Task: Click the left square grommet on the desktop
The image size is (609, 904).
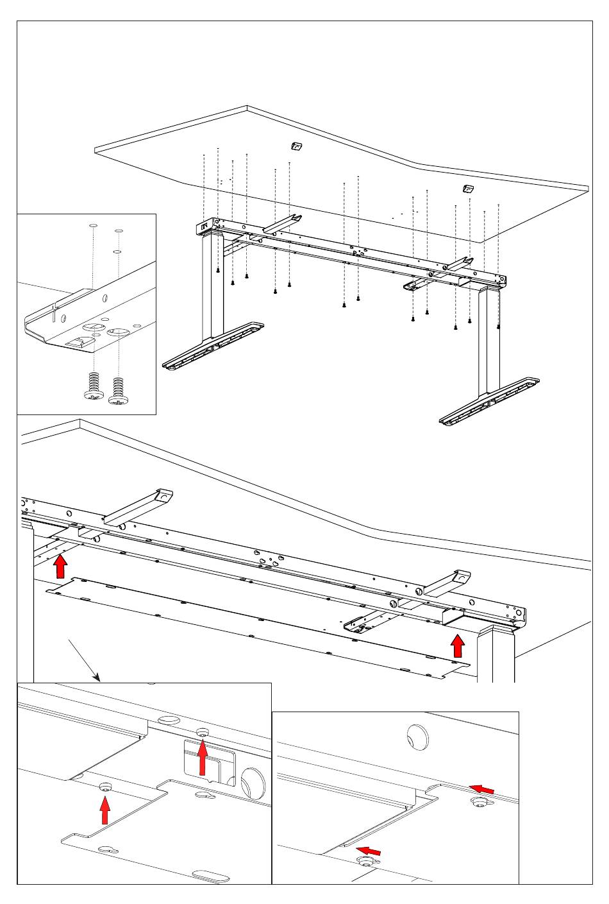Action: click(x=296, y=146)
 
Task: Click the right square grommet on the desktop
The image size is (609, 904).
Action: click(x=468, y=189)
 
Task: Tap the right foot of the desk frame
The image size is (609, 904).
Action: click(x=490, y=401)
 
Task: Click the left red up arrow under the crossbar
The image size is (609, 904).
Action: click(x=60, y=567)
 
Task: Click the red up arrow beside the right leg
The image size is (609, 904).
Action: click(x=458, y=645)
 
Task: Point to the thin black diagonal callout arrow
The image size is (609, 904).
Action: click(x=84, y=660)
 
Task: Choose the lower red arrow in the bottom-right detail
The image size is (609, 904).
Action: click(x=369, y=850)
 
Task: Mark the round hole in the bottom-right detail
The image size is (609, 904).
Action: click(x=417, y=736)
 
